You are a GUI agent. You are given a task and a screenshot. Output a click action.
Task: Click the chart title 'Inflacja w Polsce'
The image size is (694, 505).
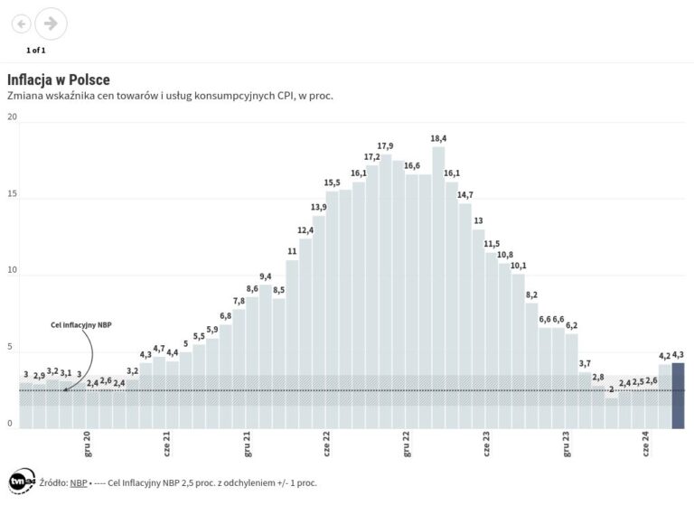tap(59, 79)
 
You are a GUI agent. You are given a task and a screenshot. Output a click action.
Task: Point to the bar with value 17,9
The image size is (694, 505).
tap(386, 289)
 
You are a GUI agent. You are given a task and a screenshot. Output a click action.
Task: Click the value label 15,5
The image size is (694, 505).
tap(333, 183)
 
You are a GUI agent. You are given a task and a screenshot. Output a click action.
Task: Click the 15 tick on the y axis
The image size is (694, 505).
tap(11, 194)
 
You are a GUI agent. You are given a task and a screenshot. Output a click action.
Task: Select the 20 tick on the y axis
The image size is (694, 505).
tap(11, 117)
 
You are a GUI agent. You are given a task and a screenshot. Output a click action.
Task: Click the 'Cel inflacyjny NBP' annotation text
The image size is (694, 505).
tap(80, 324)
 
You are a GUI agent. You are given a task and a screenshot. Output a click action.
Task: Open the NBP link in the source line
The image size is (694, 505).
tap(79, 482)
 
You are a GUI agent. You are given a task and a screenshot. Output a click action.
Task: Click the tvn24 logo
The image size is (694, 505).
tap(20, 482)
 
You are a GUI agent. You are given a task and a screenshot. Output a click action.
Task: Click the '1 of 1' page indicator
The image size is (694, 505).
tap(36, 50)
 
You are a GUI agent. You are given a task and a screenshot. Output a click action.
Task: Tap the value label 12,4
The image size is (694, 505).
tap(305, 230)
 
